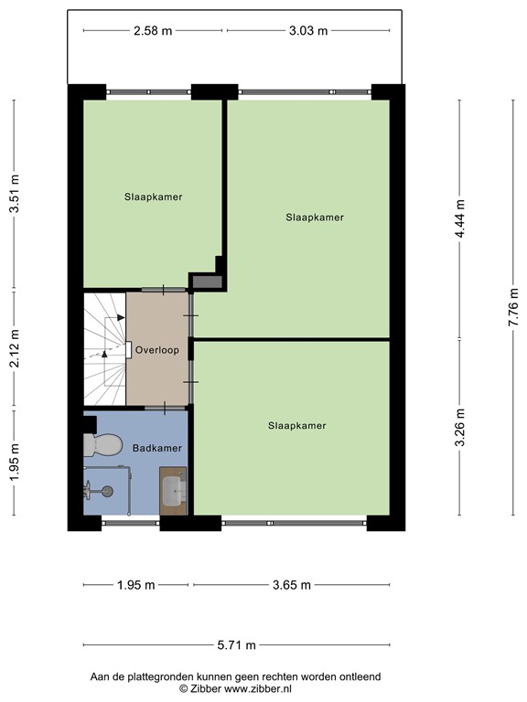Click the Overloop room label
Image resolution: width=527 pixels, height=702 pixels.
click(156, 350)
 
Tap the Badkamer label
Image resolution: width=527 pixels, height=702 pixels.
click(156, 448)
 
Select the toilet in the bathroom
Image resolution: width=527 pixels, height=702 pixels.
click(102, 445)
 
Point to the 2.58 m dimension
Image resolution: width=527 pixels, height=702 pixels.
click(153, 30)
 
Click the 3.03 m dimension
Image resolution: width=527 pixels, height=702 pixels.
click(308, 30)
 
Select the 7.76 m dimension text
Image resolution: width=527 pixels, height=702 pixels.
click(513, 306)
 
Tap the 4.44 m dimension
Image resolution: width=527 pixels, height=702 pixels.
click(460, 219)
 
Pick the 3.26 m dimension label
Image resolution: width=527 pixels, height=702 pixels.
click(460, 428)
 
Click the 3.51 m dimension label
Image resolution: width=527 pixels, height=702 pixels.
click(14, 195)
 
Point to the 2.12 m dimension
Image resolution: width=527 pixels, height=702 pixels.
click(14, 349)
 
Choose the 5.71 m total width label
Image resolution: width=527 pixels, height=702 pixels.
click(236, 644)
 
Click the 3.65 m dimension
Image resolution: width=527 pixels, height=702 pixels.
click(292, 585)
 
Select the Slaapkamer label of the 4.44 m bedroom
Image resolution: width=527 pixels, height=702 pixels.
click(314, 218)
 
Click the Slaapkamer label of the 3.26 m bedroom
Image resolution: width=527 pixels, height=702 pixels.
click(297, 425)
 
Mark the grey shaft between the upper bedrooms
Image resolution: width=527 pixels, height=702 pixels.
click(208, 281)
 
